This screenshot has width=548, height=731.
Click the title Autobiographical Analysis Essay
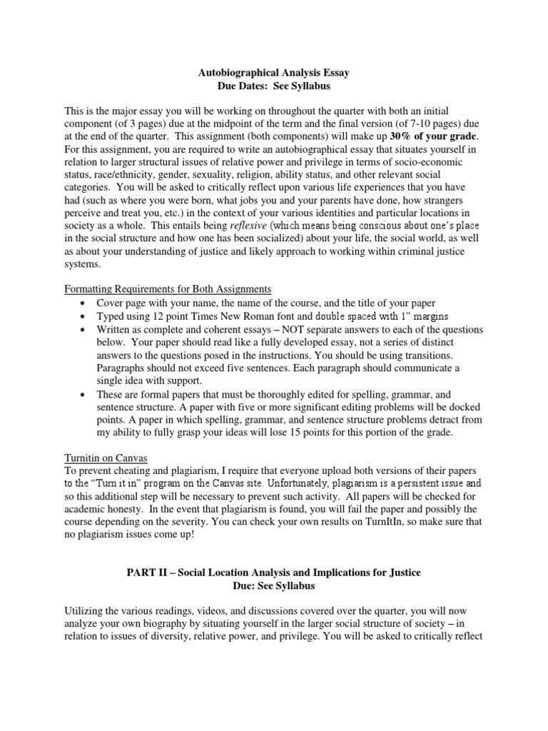point(273,72)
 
